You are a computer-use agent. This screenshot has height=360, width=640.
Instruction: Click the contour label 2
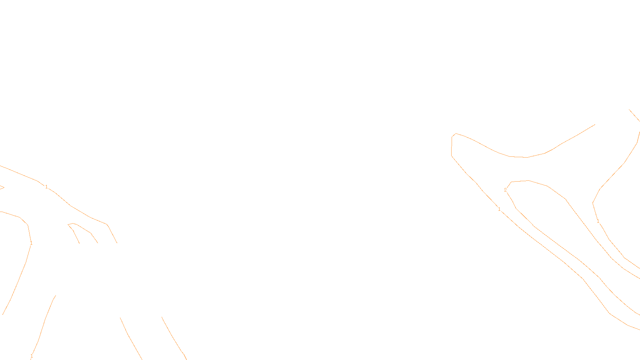[505, 190]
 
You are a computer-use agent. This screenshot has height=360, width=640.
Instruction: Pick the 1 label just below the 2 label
[499, 209]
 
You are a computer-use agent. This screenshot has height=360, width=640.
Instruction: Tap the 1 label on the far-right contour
[598, 221]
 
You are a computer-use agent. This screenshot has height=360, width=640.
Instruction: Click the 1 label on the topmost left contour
[46, 187]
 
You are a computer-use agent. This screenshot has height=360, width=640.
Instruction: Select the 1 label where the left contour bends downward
[31, 243]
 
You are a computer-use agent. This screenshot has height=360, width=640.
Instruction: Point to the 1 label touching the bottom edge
[32, 356]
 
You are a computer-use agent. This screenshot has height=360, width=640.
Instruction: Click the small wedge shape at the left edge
[2, 187]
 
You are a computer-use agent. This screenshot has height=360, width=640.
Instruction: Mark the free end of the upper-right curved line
[595, 124]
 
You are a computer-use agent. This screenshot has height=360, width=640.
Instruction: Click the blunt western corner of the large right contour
[452, 138]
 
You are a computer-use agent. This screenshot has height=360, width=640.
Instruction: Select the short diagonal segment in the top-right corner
[634, 115]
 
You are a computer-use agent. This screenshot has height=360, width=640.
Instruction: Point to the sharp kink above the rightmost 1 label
[593, 203]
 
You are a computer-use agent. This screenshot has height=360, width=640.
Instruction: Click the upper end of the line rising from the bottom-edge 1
[55, 296]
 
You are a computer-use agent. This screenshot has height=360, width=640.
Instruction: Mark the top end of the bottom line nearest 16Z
[162, 317]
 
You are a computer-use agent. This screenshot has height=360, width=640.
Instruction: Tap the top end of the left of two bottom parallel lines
[120, 318]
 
